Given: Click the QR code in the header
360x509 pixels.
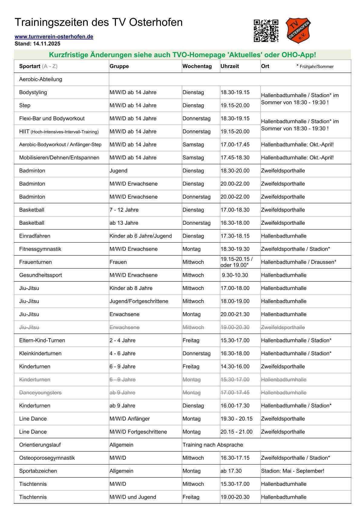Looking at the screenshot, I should point(266,31).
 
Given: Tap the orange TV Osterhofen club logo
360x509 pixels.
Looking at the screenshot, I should point(298,31).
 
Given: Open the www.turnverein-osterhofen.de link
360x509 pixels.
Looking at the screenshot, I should point(54,37).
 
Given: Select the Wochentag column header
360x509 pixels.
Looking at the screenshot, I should point(197,66).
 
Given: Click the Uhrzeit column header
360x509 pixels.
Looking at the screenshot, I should point(230,66).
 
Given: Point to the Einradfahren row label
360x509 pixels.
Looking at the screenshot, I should point(34,236).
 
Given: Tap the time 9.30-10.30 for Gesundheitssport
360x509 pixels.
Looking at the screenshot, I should point(235,275).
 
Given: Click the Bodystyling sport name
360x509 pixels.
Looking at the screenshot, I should point(33,92).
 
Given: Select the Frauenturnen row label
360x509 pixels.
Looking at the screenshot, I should point(35,262).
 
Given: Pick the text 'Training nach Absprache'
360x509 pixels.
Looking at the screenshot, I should point(213,445).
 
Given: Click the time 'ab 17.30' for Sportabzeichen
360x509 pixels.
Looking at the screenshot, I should point(231,471).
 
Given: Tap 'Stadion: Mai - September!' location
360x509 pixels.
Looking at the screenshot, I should point(293,471).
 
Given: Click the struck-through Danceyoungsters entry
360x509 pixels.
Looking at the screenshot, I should point(40,393).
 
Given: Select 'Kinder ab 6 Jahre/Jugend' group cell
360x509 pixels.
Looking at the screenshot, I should point(141,236).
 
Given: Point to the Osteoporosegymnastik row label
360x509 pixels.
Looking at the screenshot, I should point(47,458).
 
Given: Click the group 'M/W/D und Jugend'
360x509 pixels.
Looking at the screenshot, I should point(133,497).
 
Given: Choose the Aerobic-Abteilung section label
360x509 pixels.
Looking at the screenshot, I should point(41,79).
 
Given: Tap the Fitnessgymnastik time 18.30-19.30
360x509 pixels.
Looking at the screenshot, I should point(235,249).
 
